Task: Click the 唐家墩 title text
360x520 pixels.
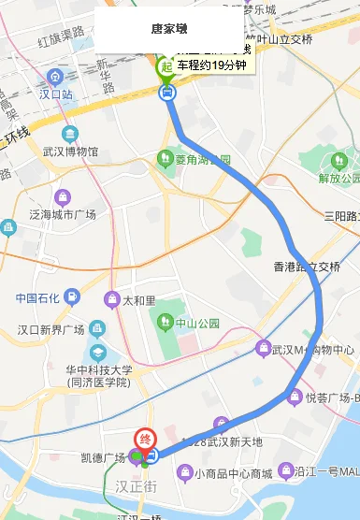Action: click(x=168, y=29)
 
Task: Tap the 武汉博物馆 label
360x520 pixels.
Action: click(x=70, y=151)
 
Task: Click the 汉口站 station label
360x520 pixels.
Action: click(x=55, y=95)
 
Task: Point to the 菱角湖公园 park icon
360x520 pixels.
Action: click(x=166, y=158)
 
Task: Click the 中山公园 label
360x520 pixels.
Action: click(x=200, y=324)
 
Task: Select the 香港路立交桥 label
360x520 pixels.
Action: click(x=307, y=267)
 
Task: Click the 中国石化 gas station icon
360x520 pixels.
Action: click(x=70, y=298)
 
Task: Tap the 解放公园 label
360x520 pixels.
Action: click(x=338, y=178)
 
